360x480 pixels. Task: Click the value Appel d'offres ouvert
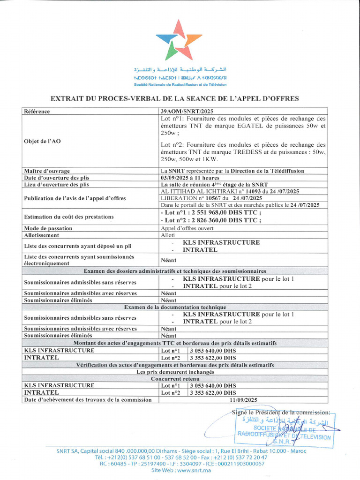coord(187,228)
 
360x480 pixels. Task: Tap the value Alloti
coord(168,235)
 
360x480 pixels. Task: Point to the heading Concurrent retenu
coord(175,378)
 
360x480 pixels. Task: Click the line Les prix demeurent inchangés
coord(175,372)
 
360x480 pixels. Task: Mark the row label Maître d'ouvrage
coord(47,171)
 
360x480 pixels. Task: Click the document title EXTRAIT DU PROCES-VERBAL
coord(174,98)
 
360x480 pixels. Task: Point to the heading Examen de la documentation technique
coord(175,307)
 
